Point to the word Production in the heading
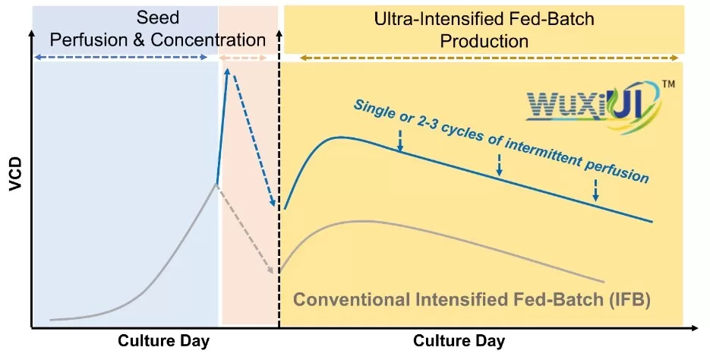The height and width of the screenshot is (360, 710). [484, 40]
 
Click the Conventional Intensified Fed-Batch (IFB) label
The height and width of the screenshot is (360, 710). [471, 299]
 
